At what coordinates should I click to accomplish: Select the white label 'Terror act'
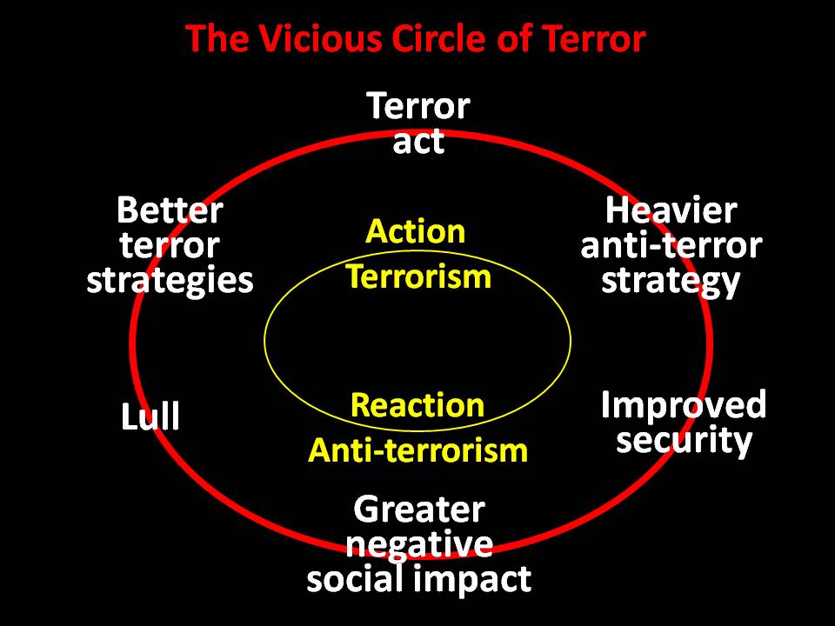(x=418, y=123)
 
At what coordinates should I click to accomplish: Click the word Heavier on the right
(x=671, y=210)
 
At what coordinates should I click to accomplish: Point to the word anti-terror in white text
(x=671, y=246)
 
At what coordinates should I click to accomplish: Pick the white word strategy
(x=671, y=282)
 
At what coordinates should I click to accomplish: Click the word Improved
(x=684, y=405)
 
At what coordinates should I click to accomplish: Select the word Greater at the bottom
(x=419, y=509)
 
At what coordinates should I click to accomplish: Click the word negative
(x=419, y=544)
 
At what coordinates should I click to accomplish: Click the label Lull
(x=150, y=418)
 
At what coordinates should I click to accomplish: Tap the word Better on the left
(x=170, y=210)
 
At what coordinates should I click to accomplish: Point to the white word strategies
(x=170, y=282)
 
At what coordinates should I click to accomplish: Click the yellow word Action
(x=416, y=232)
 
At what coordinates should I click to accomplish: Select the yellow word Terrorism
(x=418, y=277)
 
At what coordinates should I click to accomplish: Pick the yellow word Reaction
(x=417, y=405)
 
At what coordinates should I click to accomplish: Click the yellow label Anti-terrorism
(x=417, y=450)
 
